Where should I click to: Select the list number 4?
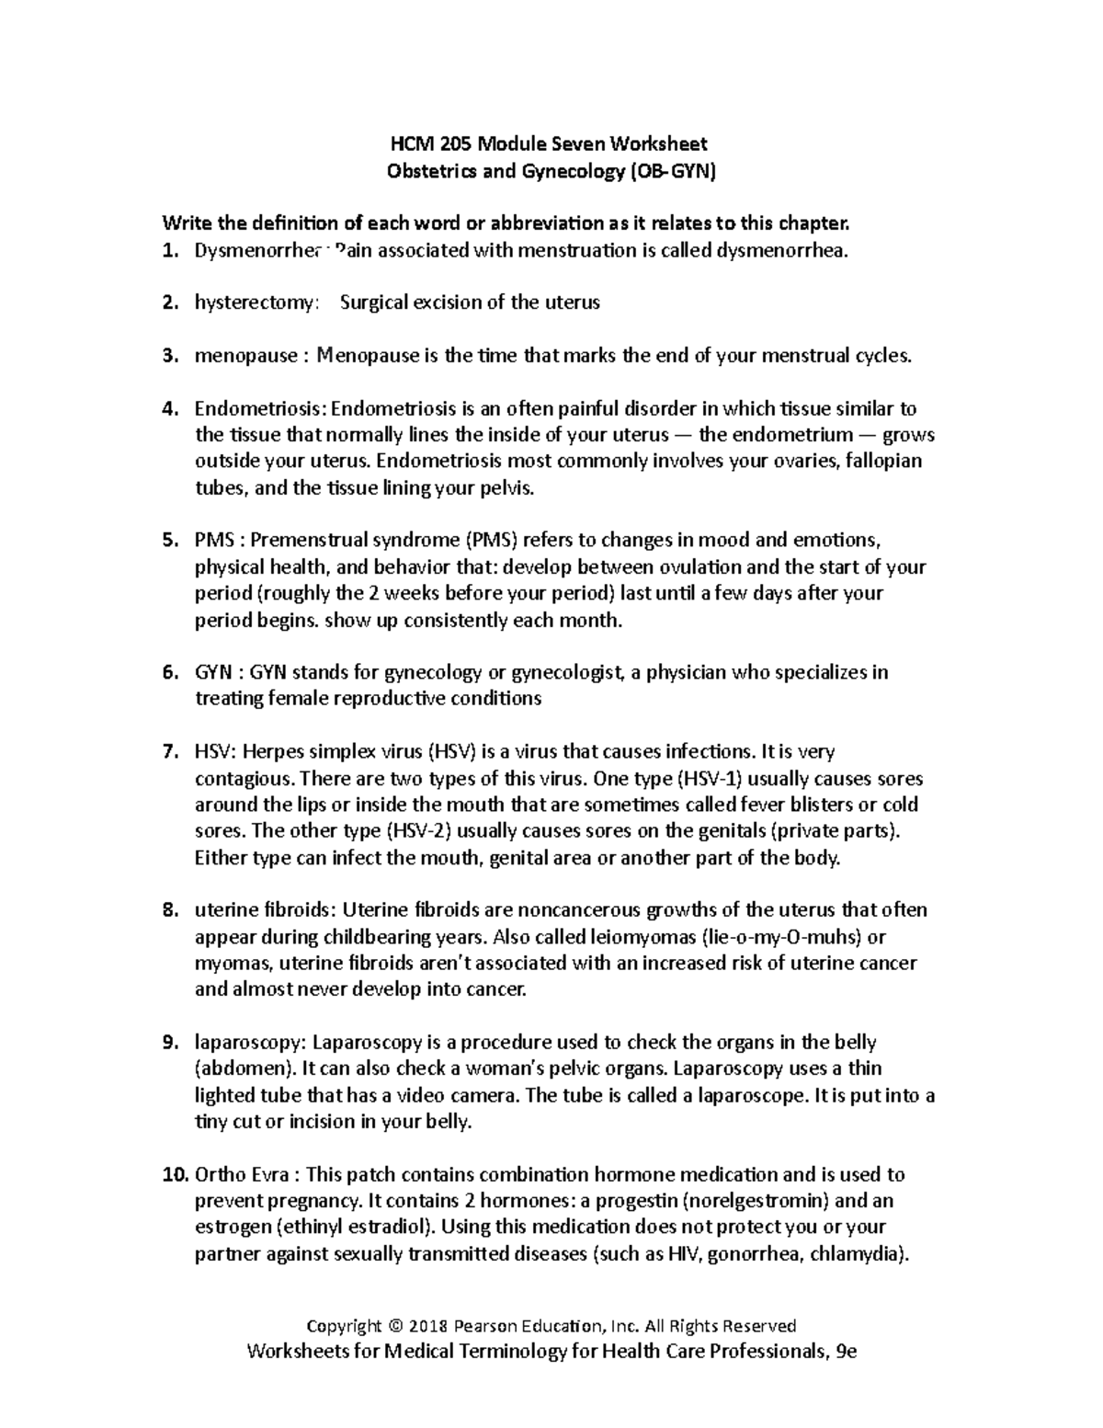click(168, 408)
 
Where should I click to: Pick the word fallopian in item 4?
click(881, 462)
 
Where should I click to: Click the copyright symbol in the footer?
click(395, 1326)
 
